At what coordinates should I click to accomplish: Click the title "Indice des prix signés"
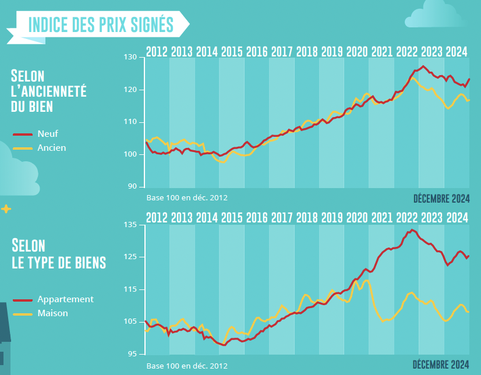click(101, 24)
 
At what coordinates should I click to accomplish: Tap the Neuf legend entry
click(47, 133)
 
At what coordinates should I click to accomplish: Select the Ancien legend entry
click(51, 147)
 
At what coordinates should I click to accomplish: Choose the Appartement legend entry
click(65, 299)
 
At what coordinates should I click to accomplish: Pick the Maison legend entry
click(52, 313)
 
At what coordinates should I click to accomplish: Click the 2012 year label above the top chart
click(157, 51)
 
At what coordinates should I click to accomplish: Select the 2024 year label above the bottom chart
click(457, 218)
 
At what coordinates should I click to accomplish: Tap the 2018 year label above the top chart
click(307, 51)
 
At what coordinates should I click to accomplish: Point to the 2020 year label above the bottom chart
click(357, 218)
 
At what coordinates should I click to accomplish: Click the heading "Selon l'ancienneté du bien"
click(48, 91)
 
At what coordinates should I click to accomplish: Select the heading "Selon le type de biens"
click(58, 254)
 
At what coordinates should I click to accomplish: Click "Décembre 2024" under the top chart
click(441, 199)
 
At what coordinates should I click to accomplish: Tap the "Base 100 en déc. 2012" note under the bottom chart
click(187, 366)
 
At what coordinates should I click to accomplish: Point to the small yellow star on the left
click(6, 208)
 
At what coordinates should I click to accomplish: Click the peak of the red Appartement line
click(413, 230)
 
